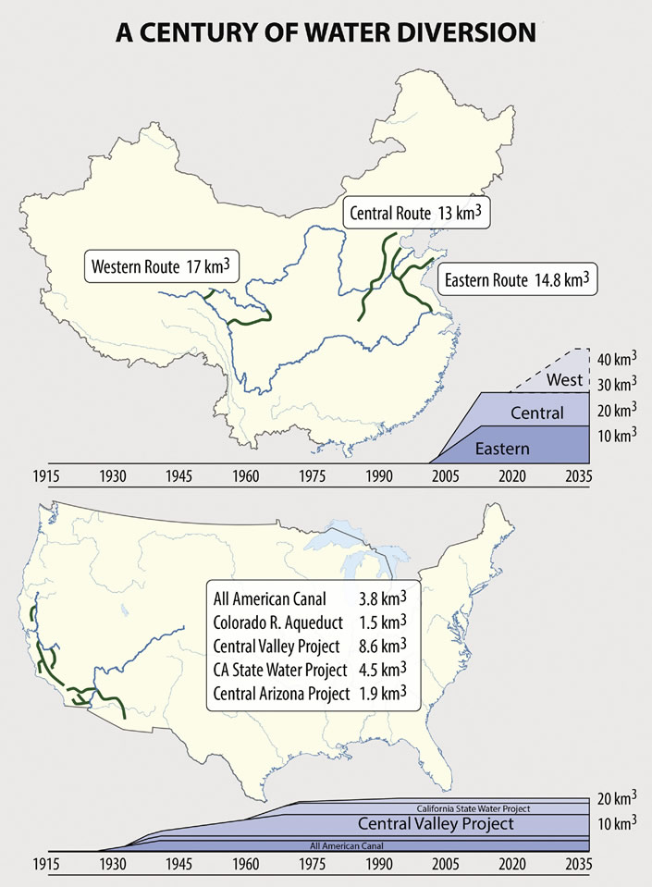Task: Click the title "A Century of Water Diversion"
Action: (x=326, y=33)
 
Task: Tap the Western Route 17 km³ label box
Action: (x=160, y=267)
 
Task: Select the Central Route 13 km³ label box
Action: (x=416, y=214)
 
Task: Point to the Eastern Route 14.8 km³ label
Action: (x=517, y=279)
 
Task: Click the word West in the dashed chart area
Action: (x=564, y=380)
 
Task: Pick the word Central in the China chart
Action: (x=537, y=413)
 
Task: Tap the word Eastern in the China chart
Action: (x=502, y=449)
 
